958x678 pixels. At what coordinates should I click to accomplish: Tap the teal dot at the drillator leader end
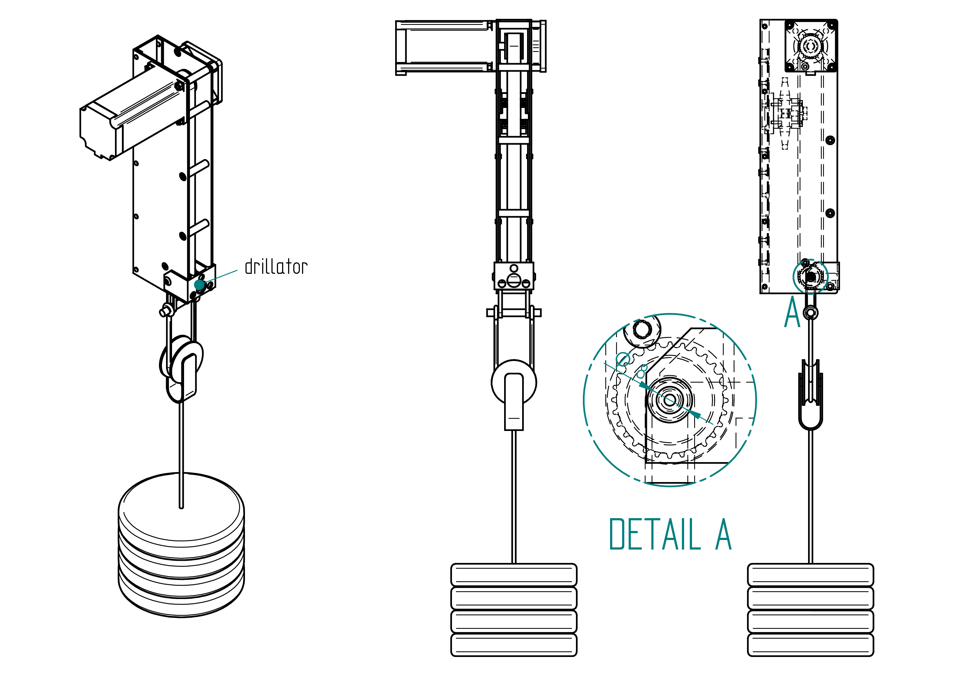199,285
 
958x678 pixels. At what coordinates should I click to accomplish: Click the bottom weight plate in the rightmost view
810,645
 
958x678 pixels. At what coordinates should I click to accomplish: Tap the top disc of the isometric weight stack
181,509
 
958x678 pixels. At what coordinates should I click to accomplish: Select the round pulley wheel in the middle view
514,382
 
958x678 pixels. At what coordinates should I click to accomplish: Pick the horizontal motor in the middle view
444,48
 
